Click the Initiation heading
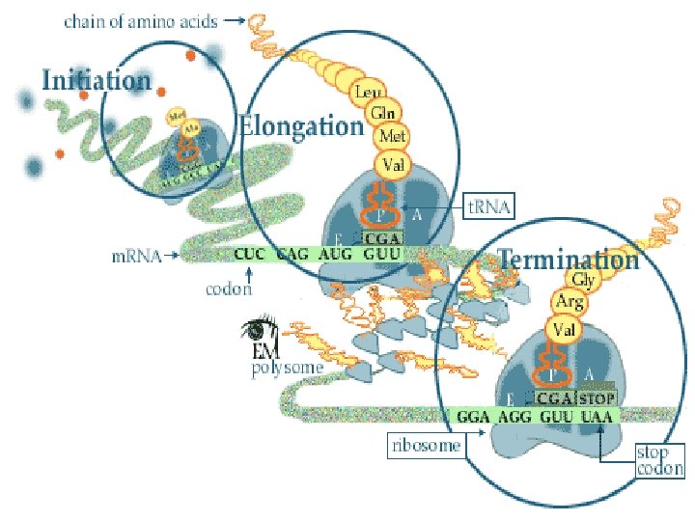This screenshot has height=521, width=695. coord(97,79)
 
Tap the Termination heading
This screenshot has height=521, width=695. coord(569,260)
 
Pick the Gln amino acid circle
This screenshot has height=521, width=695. coord(379,114)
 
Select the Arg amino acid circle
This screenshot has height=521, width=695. coord(568,303)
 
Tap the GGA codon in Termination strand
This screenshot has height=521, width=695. coord(473,417)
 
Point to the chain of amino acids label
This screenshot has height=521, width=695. coord(140,20)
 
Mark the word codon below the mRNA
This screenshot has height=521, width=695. coord(229,288)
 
